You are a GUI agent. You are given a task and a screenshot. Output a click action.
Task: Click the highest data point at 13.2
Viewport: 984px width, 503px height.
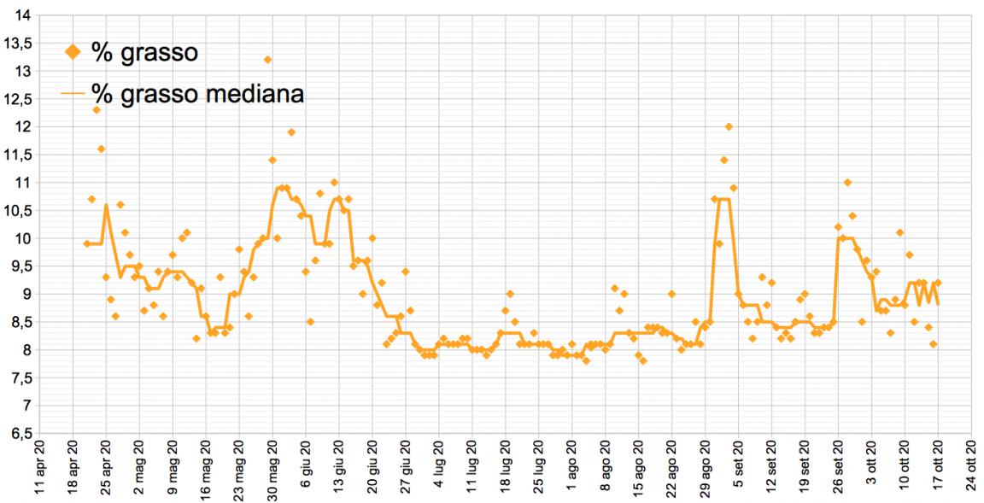(x=267, y=60)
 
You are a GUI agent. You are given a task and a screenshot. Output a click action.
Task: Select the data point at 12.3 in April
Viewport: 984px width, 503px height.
(x=97, y=110)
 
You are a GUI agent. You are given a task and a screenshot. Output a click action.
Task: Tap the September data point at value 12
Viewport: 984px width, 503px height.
(x=729, y=126)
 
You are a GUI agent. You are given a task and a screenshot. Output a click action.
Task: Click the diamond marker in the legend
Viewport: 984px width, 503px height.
(x=73, y=52)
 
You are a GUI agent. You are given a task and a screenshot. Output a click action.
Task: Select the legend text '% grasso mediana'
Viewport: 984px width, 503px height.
(x=197, y=93)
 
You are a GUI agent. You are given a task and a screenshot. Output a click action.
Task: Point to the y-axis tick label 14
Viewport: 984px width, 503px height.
(x=22, y=15)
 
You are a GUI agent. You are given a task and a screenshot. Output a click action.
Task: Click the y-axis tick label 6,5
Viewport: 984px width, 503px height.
(x=18, y=433)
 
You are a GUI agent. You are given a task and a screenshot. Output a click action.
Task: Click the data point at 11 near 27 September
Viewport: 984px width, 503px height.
(x=847, y=183)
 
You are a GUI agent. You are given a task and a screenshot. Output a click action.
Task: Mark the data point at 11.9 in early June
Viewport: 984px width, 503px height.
(x=291, y=132)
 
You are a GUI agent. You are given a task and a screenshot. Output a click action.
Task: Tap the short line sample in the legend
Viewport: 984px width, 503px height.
(x=73, y=93)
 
